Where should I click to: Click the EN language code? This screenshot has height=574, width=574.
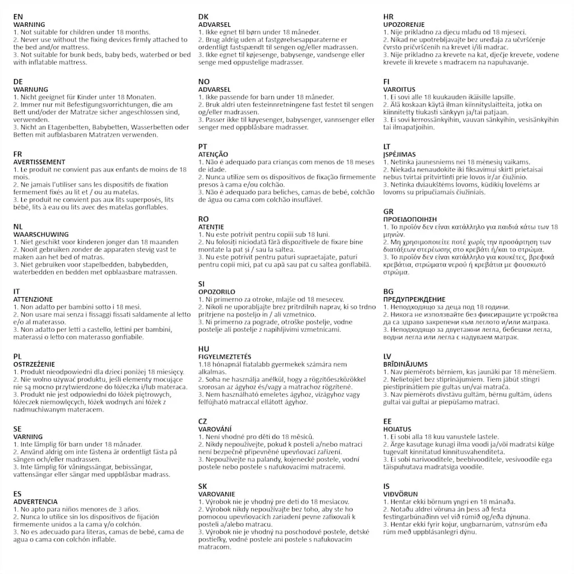pos(18,17)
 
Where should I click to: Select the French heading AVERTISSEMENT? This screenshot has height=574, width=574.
pos(39,162)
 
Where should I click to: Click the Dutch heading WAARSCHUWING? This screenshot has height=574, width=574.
pos(41,234)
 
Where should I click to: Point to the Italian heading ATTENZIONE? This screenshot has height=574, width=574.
pos(34,299)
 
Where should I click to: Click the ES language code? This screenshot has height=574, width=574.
pos(18,494)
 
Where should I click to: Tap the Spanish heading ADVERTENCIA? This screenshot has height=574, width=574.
pos(35,502)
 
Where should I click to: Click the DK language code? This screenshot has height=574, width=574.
pos(203,17)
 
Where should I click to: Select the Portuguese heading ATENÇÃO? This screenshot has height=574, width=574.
pos(213,154)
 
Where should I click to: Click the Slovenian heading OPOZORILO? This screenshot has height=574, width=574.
pos(217,292)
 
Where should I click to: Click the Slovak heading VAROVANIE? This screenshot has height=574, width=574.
pos(216,494)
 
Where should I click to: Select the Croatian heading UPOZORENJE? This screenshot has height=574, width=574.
pos(404,25)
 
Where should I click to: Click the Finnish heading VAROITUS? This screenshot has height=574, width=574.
pos(399,90)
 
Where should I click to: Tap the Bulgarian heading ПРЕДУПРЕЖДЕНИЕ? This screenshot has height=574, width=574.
pos(414,299)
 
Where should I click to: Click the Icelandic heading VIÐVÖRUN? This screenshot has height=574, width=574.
pos(401,494)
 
